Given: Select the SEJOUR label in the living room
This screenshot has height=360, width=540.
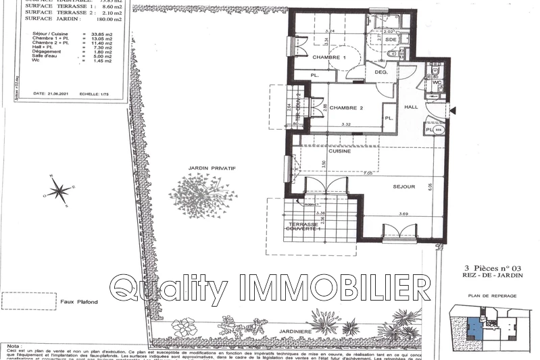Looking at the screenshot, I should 403,186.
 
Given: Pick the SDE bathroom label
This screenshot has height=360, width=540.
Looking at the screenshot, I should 391,40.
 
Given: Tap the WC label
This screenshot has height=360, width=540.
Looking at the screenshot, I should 437,82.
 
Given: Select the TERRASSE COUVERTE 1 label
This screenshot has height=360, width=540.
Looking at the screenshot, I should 303,226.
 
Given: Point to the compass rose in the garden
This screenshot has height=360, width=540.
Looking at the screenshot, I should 59,190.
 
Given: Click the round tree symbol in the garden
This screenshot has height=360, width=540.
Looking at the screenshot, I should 203,196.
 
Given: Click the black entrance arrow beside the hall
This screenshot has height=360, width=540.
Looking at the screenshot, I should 453,110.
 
